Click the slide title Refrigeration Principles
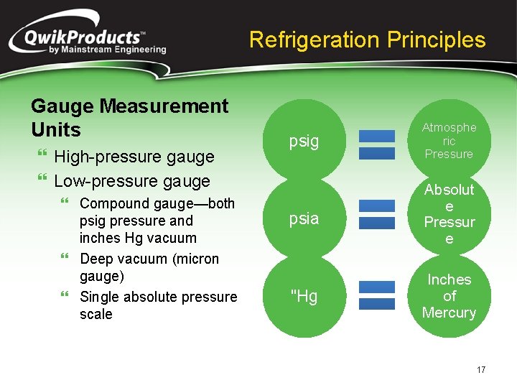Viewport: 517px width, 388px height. coord(367,40)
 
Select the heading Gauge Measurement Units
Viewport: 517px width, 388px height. coord(129,118)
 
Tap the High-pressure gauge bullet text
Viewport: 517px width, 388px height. coord(134,157)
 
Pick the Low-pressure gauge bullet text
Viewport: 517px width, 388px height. coord(132,181)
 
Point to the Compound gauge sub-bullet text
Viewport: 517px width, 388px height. coord(157,221)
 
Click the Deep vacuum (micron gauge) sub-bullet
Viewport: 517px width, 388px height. coord(149,267)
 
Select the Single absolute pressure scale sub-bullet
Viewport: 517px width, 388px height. coord(158,305)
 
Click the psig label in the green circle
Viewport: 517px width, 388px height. coord(304,141)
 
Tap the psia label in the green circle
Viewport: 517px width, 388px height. coord(304,218)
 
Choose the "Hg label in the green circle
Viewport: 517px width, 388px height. coord(304,296)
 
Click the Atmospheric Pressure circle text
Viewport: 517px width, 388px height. coord(449,141)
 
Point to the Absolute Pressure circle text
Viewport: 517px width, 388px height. coord(449,214)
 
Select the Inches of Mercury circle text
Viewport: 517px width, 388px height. coord(449,296)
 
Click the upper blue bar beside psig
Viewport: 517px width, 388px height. coord(376,135)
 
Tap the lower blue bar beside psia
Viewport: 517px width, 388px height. coord(376,223)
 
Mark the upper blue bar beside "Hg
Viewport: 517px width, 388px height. coord(376,287)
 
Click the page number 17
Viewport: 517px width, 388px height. coord(480,370)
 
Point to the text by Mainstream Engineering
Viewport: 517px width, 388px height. coord(108,50)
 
